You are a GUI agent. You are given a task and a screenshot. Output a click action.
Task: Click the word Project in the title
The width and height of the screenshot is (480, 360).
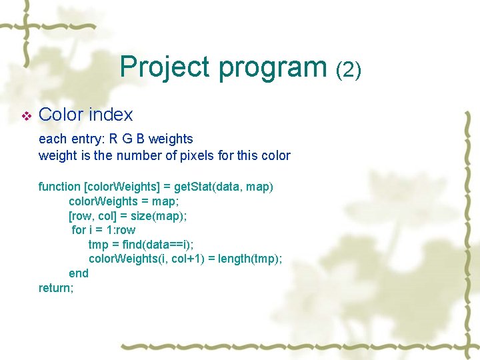(x=165, y=68)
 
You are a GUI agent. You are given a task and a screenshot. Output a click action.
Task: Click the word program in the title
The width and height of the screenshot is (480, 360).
(x=272, y=68)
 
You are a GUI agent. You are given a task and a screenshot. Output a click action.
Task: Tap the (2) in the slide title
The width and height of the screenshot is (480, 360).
(x=348, y=69)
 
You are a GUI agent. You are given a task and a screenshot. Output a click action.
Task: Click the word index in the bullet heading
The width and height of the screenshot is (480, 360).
(x=110, y=115)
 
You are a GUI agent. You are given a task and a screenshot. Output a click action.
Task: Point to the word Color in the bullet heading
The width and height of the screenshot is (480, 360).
(x=61, y=115)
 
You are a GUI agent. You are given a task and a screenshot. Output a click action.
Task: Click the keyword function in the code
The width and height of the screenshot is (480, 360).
(x=59, y=187)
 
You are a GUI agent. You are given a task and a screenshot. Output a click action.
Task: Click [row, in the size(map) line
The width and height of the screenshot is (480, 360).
(x=82, y=215)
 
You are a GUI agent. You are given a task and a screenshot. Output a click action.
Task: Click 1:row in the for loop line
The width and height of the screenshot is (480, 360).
(x=121, y=230)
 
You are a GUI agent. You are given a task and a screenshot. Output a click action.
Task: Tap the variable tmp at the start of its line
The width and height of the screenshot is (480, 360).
(x=99, y=245)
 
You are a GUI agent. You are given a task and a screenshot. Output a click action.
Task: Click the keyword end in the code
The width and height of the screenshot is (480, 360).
(x=78, y=273)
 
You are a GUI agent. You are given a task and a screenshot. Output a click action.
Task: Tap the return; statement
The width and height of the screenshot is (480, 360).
(x=56, y=288)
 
